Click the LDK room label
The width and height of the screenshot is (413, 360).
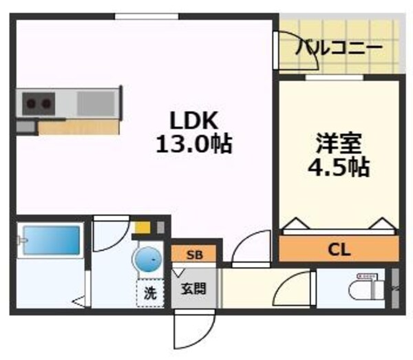[194, 121]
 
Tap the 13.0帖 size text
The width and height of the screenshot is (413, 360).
[194, 145]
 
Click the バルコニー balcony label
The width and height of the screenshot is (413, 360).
[339, 48]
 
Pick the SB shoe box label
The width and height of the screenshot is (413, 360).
[195, 255]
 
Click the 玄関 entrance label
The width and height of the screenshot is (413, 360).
[194, 289]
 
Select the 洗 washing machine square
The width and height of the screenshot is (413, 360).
[150, 293]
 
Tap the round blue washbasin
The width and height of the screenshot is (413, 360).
[146, 261]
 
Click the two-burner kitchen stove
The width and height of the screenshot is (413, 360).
[38, 104]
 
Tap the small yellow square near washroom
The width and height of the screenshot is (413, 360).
[142, 226]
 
